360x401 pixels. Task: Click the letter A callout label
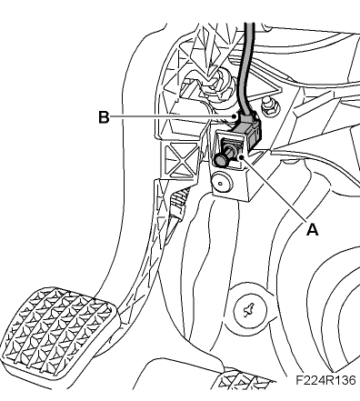(x=312, y=230)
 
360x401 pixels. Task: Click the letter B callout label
(x=104, y=117)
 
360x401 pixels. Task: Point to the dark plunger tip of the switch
(x=221, y=160)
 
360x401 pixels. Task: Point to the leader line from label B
(x=173, y=117)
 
